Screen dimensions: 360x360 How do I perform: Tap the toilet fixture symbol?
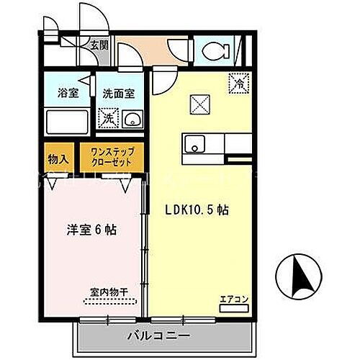click(x=215, y=50)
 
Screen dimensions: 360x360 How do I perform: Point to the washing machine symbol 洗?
click(x=108, y=117)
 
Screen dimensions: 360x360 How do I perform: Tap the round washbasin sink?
click(x=132, y=119)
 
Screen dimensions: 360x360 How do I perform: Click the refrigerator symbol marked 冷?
click(x=236, y=83)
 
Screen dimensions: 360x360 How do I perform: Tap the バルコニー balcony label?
click(x=159, y=336)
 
